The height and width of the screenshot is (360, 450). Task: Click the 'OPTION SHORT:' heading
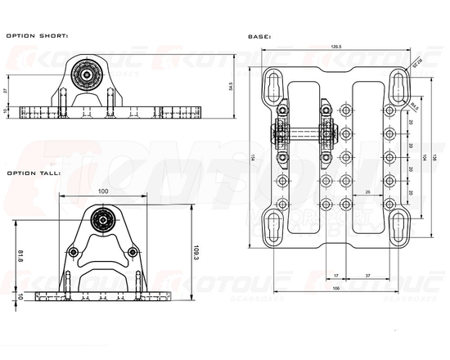point(38,36)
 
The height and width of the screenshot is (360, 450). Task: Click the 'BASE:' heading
point(259,36)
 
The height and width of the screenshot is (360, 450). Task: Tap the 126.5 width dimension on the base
point(335,47)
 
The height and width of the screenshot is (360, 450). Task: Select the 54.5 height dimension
point(232,86)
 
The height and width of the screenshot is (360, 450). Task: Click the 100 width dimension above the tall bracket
point(102,191)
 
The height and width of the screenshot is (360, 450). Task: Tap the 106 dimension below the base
point(335,288)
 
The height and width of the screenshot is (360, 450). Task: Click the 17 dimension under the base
point(336,276)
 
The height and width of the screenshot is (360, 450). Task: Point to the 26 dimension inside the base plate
point(368,191)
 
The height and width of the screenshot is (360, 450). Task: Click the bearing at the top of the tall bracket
point(103,218)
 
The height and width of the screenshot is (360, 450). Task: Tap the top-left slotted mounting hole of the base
point(272,83)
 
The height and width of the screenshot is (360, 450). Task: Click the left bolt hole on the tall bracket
point(75,253)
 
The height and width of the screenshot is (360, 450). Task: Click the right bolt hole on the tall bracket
point(131,253)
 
